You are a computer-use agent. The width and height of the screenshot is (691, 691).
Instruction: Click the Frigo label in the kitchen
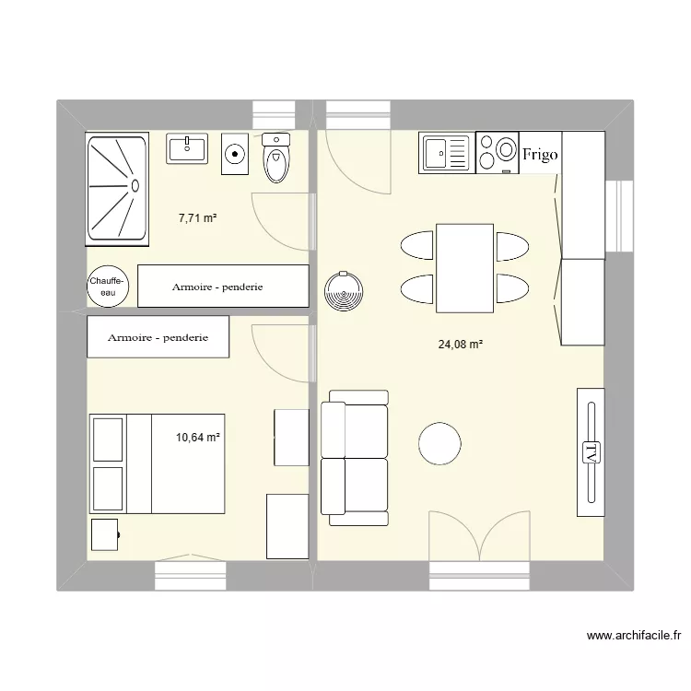[x=540, y=154]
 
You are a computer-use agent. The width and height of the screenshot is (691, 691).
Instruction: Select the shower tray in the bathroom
[x=117, y=189]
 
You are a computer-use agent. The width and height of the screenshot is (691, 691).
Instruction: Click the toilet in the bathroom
[x=275, y=158]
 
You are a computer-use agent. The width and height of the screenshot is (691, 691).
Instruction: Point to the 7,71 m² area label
[x=197, y=218]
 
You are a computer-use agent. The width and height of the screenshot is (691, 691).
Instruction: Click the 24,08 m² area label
[x=461, y=345]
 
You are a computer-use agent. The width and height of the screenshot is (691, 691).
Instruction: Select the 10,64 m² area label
[x=198, y=438]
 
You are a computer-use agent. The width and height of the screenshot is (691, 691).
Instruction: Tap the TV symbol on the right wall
[x=590, y=451]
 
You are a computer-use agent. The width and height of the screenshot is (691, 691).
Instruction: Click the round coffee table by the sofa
[x=439, y=444]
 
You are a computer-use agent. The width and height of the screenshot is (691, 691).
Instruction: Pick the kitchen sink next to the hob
[x=445, y=153]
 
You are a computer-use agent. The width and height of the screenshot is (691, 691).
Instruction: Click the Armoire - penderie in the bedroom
[x=158, y=337]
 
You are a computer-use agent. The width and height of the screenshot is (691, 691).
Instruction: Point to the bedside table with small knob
[x=105, y=535]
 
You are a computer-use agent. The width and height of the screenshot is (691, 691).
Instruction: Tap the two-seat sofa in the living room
[x=354, y=458]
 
